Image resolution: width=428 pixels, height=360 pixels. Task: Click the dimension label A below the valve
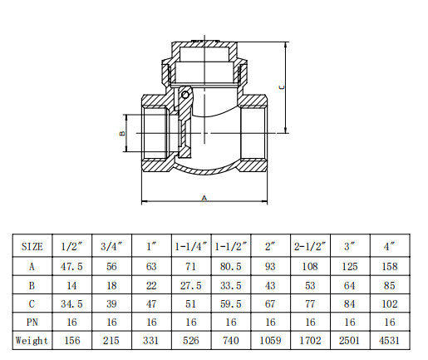coord(204,198)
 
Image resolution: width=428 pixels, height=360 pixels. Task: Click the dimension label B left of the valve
coord(121,133)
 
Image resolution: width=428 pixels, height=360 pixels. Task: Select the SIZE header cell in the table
coord(32,247)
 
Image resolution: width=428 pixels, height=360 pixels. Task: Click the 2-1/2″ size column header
coord(311,247)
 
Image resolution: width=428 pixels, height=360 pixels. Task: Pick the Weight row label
coord(32,340)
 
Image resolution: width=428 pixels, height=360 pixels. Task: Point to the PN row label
coord(32,322)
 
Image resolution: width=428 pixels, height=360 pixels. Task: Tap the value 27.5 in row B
coord(191,285)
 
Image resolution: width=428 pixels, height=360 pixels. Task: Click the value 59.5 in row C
coord(231,303)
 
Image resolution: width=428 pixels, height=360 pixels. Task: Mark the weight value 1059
coord(271,340)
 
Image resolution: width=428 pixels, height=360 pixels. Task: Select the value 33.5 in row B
coord(231,285)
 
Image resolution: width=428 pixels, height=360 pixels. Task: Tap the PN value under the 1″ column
coord(151,322)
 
